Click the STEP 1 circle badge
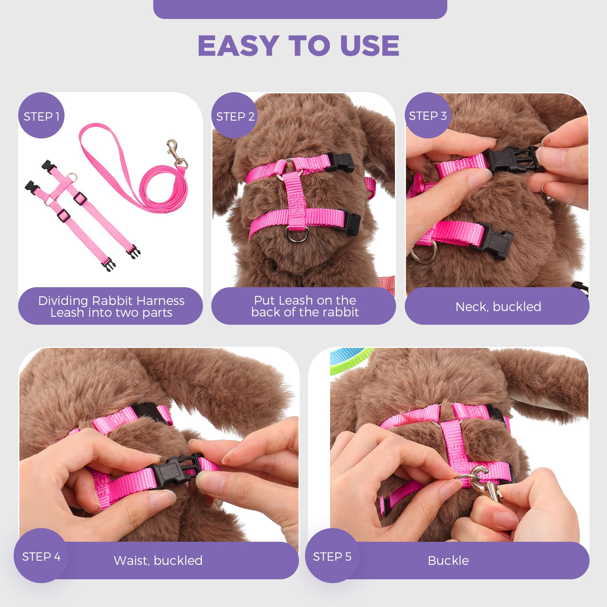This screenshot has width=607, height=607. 41,116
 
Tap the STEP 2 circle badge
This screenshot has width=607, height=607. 234,116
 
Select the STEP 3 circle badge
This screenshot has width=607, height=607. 428,115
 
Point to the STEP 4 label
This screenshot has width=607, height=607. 41,557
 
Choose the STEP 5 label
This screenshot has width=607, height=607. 332,557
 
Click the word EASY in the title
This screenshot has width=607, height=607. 238,46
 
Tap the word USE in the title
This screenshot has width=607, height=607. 370,46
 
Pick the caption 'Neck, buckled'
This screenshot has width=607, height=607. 498,307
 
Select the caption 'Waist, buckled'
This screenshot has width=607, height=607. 158,560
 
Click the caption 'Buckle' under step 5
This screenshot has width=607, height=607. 448,560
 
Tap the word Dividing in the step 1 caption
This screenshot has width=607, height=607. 63,301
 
